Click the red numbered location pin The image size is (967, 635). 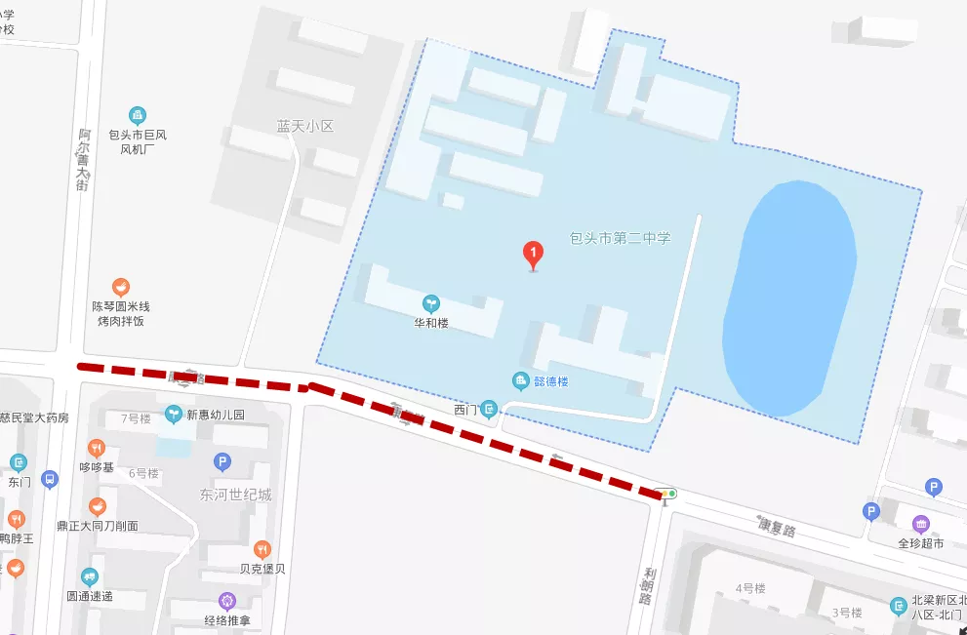pyautogui.click(x=533, y=255)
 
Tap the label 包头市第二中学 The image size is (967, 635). pyautogui.click(x=621, y=237)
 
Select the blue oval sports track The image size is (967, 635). pyautogui.click(x=789, y=297)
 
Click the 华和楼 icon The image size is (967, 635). pyautogui.click(x=430, y=303)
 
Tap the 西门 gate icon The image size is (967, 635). pyautogui.click(x=490, y=410)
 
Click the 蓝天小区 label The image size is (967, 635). pyautogui.click(x=304, y=127)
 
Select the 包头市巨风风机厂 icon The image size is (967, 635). pyautogui.click(x=138, y=116)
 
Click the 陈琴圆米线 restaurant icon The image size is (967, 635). pyautogui.click(x=121, y=287)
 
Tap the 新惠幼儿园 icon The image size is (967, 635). pyautogui.click(x=175, y=414)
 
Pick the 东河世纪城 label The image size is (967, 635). pyautogui.click(x=235, y=495)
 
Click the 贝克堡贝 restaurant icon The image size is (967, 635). pyautogui.click(x=262, y=549)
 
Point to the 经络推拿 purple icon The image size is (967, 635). pyautogui.click(x=227, y=601)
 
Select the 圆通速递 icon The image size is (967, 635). pyautogui.click(x=90, y=576)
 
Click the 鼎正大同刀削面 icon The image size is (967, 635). pyautogui.click(x=97, y=506)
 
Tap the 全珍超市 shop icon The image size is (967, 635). pyautogui.click(x=920, y=524)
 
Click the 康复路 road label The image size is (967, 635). pyautogui.click(x=777, y=527)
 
